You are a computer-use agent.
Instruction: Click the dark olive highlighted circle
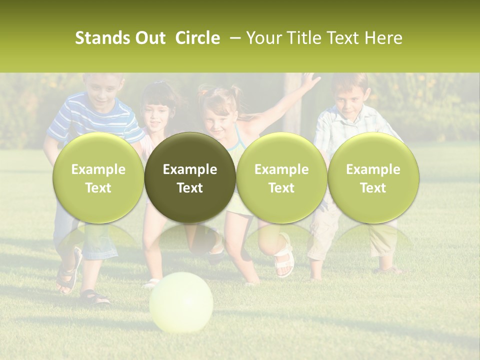click(x=190, y=178)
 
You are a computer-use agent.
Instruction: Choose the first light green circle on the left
click(x=98, y=178)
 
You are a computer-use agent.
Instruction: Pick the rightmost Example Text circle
click(x=373, y=178)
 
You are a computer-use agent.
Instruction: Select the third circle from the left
click(x=281, y=178)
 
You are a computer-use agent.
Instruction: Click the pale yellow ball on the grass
click(x=181, y=301)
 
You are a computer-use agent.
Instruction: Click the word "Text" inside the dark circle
click(x=190, y=188)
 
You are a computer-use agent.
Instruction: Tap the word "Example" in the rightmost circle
click(x=373, y=169)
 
